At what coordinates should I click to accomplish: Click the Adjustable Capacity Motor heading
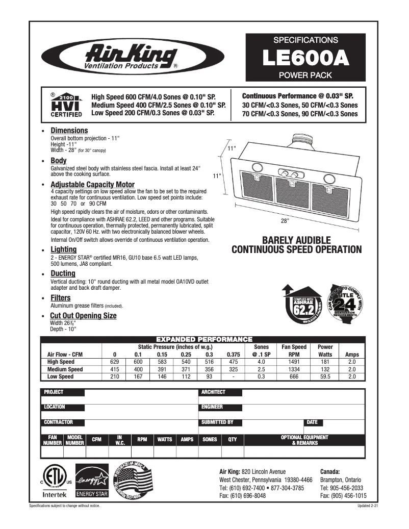click(92, 184)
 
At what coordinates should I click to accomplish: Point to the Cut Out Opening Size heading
click(83, 316)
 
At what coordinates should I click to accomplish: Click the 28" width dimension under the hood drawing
click(285, 221)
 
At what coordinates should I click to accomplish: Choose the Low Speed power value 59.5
click(325, 376)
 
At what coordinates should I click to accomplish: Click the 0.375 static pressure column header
click(233, 354)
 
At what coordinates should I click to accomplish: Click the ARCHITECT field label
click(214, 392)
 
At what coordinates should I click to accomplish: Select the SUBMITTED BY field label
click(218, 422)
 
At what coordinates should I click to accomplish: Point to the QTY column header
click(233, 440)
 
